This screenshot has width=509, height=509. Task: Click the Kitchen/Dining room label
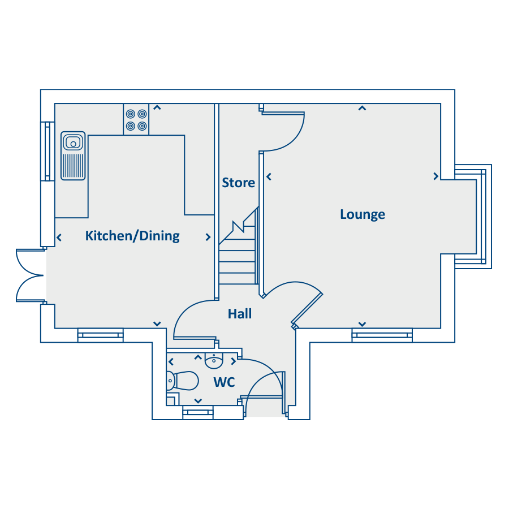pyautogui.click(x=132, y=236)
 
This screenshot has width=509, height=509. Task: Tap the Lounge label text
pyautogui.click(x=363, y=214)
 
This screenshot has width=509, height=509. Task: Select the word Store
pyautogui.click(x=238, y=183)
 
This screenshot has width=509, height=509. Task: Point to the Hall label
pyautogui.click(x=240, y=314)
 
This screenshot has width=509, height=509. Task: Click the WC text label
pyautogui.click(x=225, y=382)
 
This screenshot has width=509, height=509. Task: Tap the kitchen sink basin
pyautogui.click(x=73, y=142)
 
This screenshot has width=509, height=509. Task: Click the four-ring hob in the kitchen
pyautogui.click(x=136, y=120)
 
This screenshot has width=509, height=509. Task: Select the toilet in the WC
pyautogui.click(x=182, y=381)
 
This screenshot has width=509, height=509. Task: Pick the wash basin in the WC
pyautogui.click(x=214, y=361)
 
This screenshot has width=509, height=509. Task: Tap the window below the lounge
pyautogui.click(x=382, y=335)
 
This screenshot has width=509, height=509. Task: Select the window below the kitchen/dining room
pyautogui.click(x=101, y=335)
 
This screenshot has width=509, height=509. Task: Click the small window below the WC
pyautogui.click(x=198, y=413)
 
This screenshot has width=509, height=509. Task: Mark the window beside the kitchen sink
pyautogui.click(x=48, y=151)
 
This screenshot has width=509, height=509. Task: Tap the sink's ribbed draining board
pyautogui.click(x=73, y=165)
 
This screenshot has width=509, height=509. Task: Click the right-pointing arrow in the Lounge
pyautogui.click(x=436, y=176)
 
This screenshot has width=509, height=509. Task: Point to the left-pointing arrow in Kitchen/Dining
pyautogui.click(x=59, y=238)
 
